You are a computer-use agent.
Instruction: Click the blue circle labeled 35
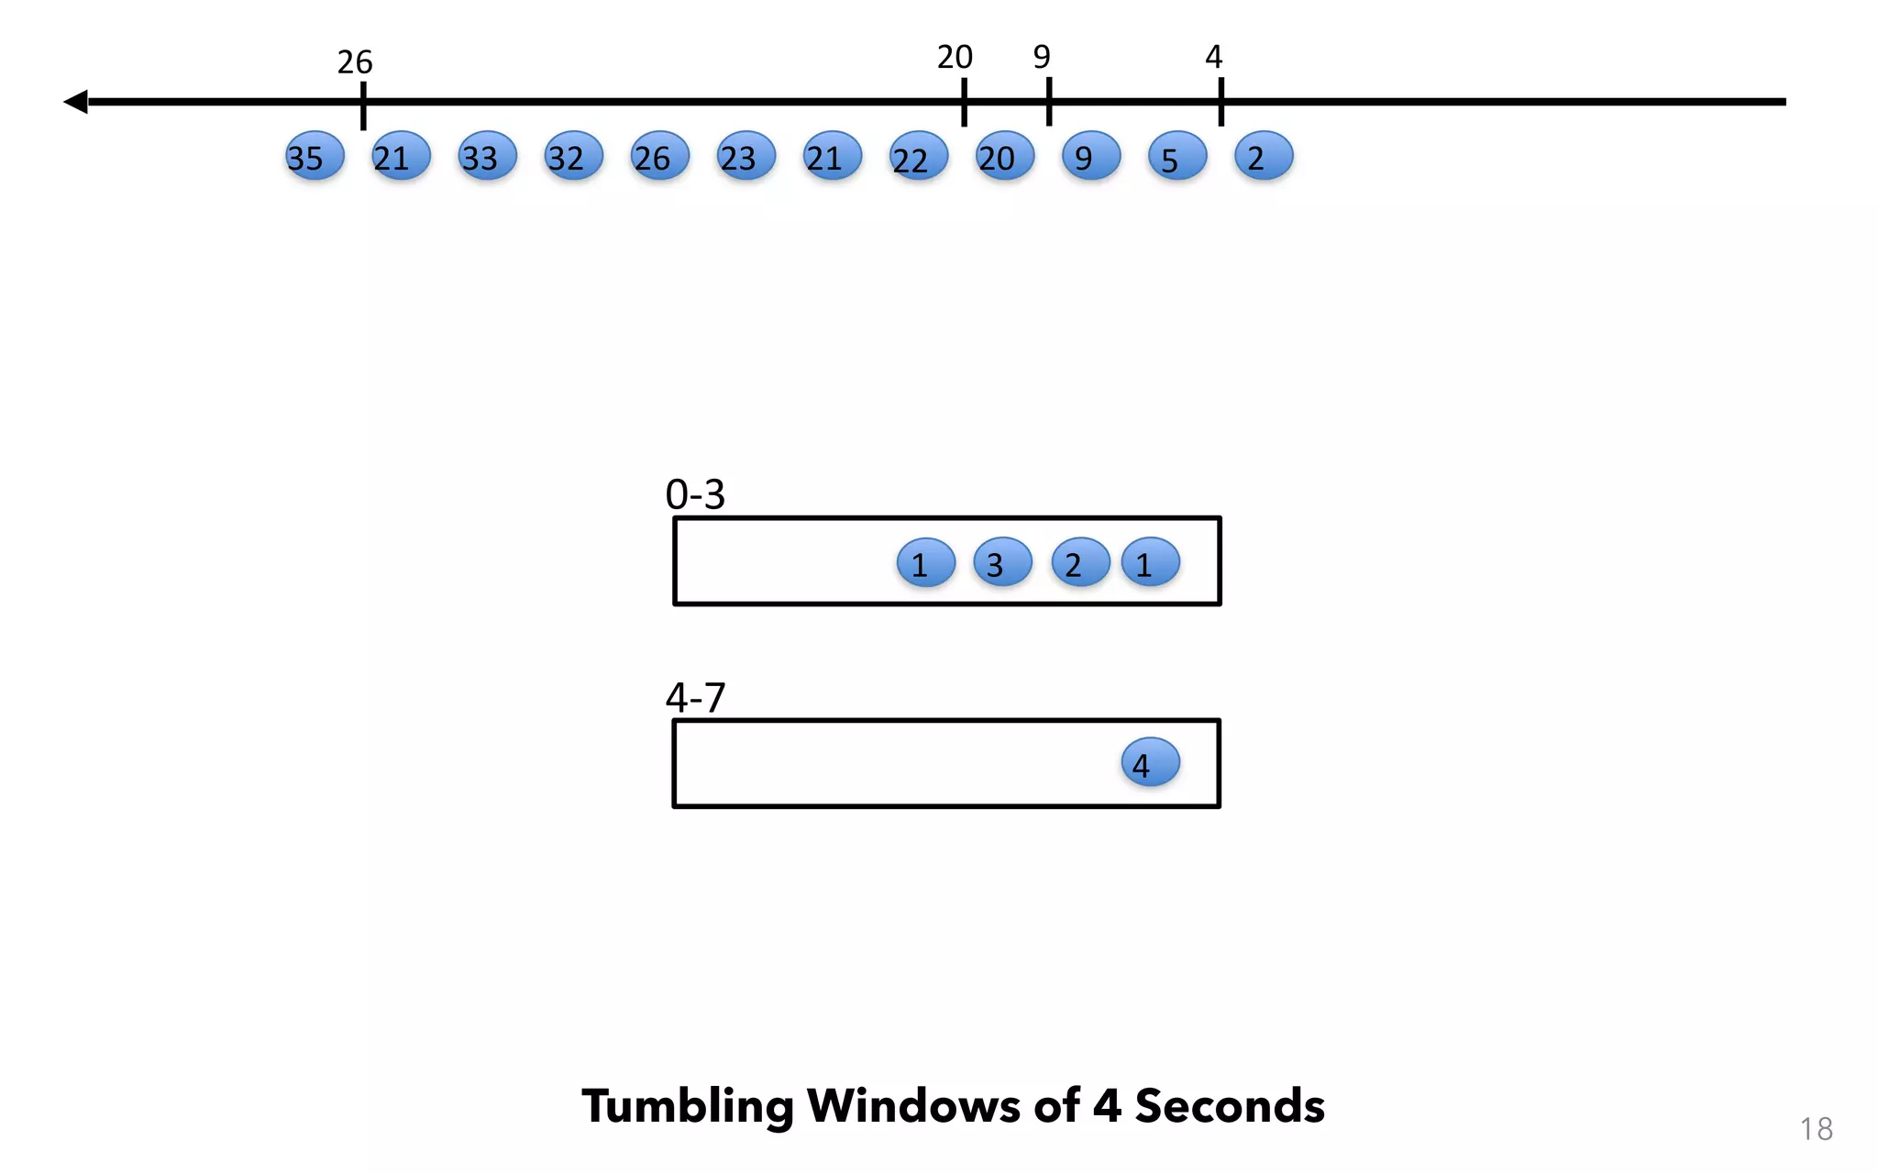[315, 156]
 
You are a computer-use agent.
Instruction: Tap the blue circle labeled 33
[487, 156]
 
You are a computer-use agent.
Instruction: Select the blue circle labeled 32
[573, 156]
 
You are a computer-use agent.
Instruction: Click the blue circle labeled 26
[659, 156]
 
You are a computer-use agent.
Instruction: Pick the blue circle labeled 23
[746, 156]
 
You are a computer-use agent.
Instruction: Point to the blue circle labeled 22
[918, 156]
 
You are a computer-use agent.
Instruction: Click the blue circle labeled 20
[1004, 156]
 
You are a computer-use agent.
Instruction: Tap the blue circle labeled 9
[1090, 156]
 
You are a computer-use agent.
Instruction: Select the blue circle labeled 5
[1177, 156]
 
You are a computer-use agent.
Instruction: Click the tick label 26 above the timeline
[355, 62]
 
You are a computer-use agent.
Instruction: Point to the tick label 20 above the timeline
[955, 58]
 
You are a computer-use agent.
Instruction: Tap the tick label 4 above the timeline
[1213, 58]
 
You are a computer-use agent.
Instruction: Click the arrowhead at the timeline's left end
[76, 102]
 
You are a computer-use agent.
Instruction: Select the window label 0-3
[695, 495]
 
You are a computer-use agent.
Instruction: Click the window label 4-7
[695, 698]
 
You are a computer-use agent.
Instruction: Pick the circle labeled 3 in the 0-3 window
[1002, 562]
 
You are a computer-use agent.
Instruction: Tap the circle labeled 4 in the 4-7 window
[1150, 762]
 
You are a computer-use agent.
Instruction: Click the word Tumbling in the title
[687, 1106]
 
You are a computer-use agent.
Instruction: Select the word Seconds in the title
[1230, 1106]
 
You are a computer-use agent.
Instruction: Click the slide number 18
[1816, 1129]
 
